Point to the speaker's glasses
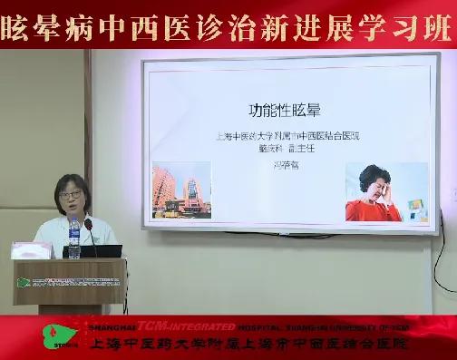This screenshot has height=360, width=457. tap(70, 193)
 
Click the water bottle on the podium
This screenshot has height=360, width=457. tap(74, 239)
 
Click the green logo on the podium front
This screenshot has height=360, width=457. tap(24, 282)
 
